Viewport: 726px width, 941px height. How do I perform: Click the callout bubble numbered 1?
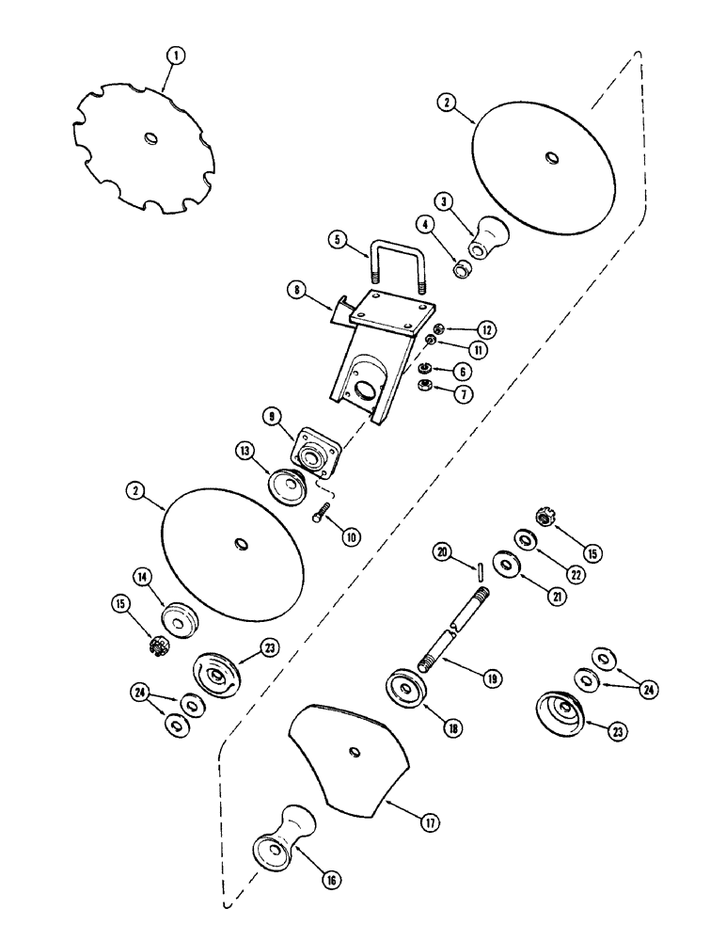point(172,56)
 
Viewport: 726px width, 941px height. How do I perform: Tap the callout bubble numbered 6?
point(489,372)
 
